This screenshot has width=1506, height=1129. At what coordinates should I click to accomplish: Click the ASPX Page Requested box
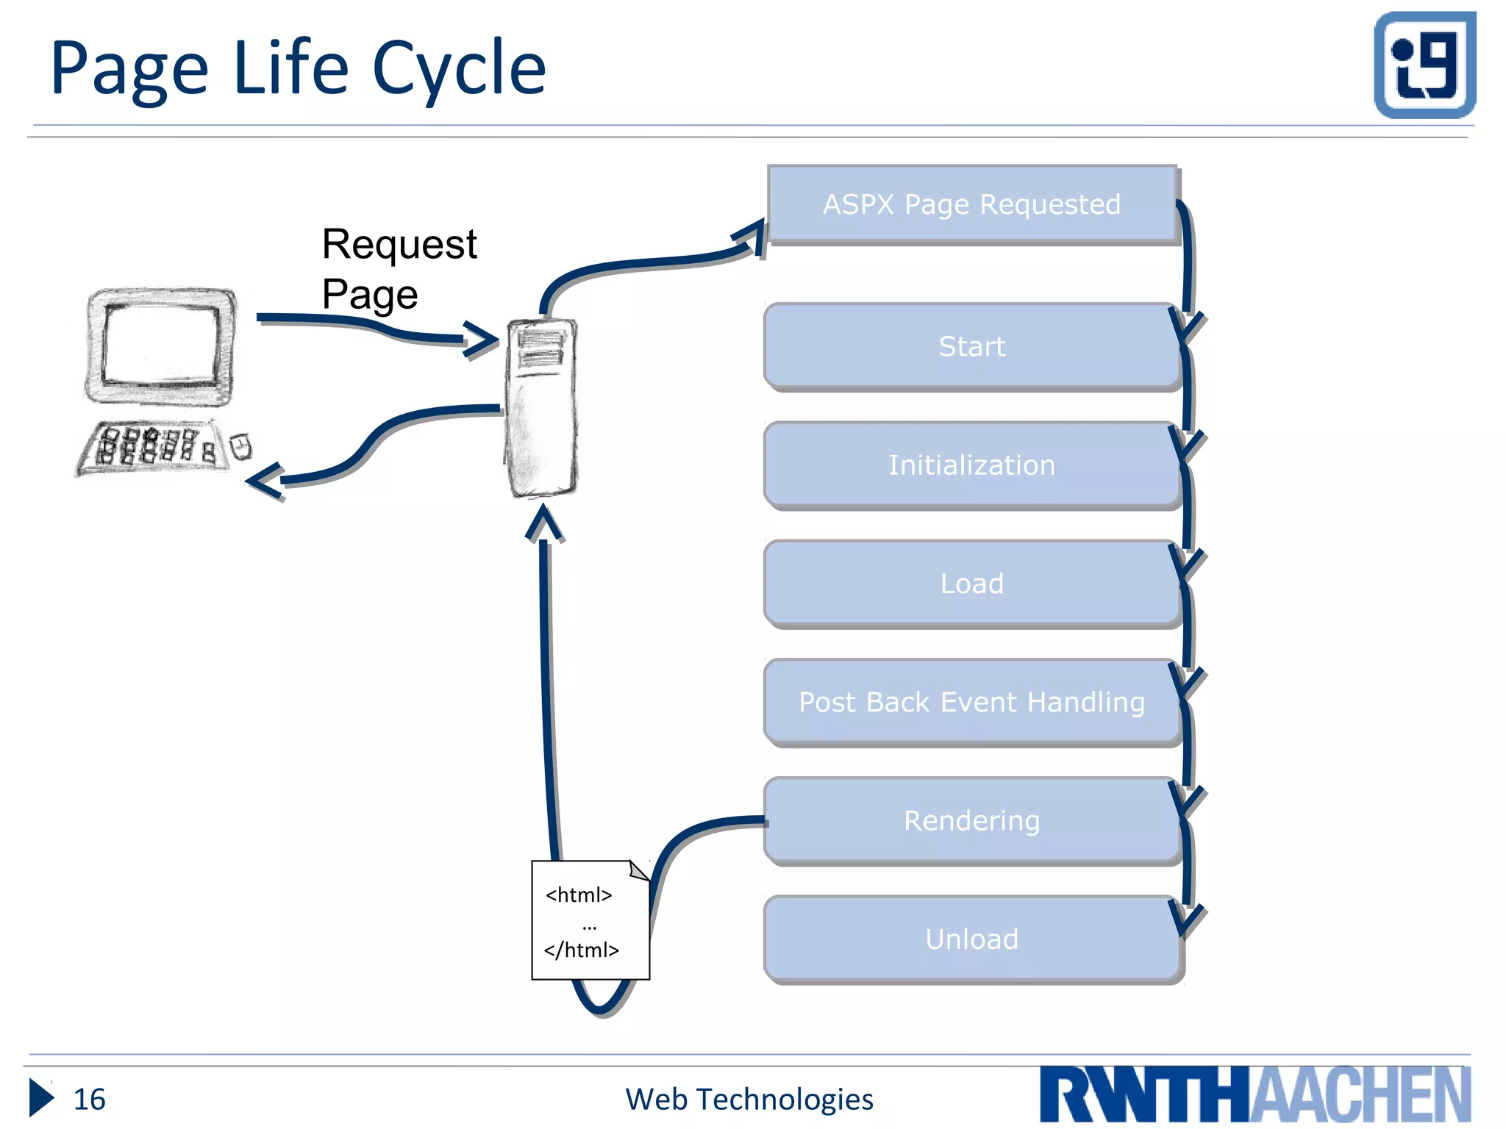coord(971,204)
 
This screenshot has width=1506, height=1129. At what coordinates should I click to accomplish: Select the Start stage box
coord(971,346)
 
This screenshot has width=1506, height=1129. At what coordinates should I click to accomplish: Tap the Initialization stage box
coord(971,465)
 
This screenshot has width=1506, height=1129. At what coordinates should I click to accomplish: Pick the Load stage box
coord(971,584)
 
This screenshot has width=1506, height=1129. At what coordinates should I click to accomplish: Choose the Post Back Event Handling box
coord(971,703)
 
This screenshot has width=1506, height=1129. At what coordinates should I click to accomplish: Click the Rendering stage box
coord(971,821)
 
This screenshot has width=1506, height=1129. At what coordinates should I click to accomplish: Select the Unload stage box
coord(971,939)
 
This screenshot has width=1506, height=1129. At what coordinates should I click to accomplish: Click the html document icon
coord(590,920)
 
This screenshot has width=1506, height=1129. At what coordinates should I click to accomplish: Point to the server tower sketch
coord(542,408)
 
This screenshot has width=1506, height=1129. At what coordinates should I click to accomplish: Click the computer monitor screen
coord(161,344)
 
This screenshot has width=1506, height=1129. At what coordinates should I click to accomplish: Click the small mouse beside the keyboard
coord(240,446)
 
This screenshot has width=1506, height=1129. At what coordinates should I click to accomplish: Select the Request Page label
coord(399,269)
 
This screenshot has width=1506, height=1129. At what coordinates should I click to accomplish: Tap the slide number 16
coord(89,1099)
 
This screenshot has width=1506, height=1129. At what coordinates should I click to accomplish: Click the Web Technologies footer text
coord(749,1099)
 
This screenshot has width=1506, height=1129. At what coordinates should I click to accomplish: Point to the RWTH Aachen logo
coord(1255,1094)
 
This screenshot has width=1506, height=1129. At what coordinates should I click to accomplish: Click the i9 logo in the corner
coord(1424,65)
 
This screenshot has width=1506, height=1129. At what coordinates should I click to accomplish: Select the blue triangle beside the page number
coord(40,1098)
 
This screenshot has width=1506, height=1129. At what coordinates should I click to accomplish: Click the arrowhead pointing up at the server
coord(544,523)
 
